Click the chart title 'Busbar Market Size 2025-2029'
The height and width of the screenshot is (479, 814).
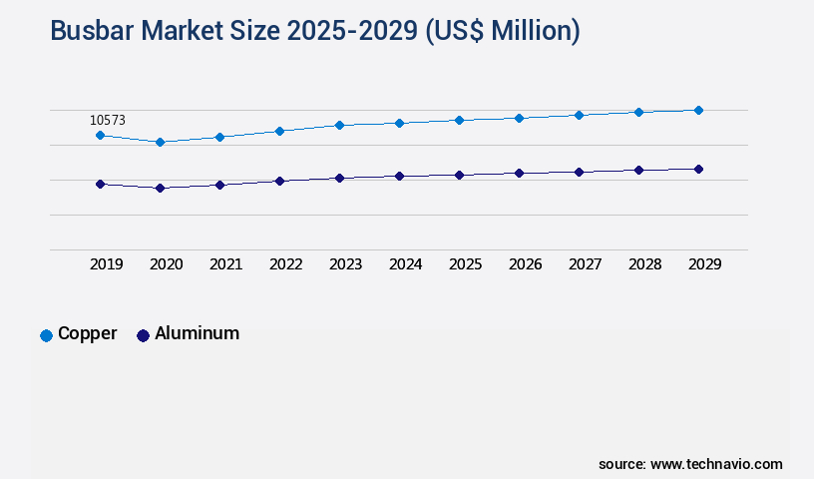tap(314, 31)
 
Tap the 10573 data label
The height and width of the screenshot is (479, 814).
tap(108, 120)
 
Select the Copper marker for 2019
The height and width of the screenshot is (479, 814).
tap(100, 135)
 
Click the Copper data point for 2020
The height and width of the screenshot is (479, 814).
tap(160, 142)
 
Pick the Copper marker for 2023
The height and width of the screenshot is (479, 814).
tap(339, 125)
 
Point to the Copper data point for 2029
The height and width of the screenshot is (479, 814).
tap(698, 110)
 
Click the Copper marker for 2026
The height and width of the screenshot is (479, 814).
tap(519, 118)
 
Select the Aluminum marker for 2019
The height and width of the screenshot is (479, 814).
tap(100, 184)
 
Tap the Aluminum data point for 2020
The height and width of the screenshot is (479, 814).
tap(160, 188)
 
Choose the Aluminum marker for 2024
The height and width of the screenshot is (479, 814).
tap(399, 176)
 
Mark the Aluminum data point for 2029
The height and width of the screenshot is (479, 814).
tap(698, 169)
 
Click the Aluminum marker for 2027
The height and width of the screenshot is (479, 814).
tap(579, 172)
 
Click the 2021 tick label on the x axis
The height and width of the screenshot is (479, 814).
tap(225, 264)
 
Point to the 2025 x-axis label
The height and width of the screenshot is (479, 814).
tap(465, 264)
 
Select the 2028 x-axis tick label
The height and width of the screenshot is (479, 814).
tap(644, 264)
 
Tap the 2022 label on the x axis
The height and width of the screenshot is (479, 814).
tap(285, 264)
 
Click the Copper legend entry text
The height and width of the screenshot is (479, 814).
tap(87, 333)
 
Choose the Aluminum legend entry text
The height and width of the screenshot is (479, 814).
tap(197, 333)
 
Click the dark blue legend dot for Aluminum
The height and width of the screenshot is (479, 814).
tap(143, 335)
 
